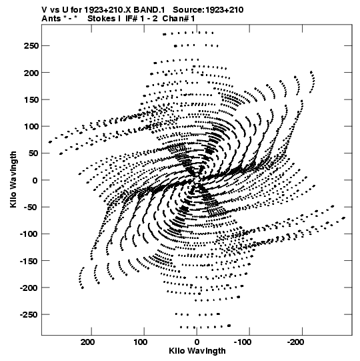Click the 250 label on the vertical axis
pos(31,46)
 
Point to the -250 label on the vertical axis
pos(29,315)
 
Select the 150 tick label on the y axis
pos(31,99)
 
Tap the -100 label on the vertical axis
pos(29,234)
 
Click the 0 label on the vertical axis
pos(35,180)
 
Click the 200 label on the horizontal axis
pos(87,342)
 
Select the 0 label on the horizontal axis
pos(197,342)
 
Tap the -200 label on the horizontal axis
pos(295,342)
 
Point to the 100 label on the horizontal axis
pos(140,342)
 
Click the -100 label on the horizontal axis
pos(243,342)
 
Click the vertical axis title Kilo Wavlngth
pos(13,179)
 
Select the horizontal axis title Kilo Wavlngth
pos(197,351)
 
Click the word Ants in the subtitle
pos(51,19)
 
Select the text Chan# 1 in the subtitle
pos(179,19)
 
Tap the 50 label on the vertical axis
pos(33,153)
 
